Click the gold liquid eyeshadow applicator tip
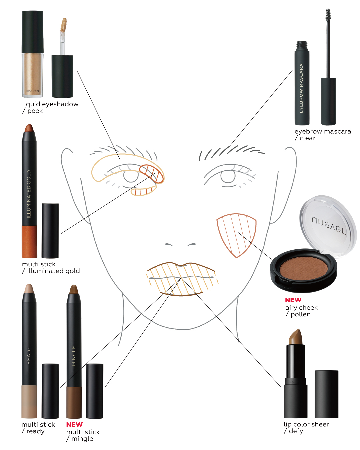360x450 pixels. click(64, 25)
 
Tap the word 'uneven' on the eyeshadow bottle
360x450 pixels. click(32, 91)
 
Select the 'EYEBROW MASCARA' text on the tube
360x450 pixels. click(301, 88)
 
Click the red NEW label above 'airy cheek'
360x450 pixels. click(293, 300)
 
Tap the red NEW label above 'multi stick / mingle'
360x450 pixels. click(74, 424)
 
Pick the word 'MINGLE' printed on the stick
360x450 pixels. click(73, 356)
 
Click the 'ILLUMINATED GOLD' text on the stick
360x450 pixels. click(29, 194)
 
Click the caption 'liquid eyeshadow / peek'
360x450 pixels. click(50, 107)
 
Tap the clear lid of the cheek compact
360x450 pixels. click(328, 226)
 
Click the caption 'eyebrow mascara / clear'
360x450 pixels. click(323, 135)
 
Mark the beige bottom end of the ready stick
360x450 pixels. click(29, 401)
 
